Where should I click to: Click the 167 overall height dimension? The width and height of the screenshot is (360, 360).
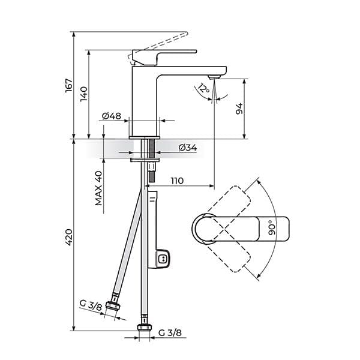pyautogui.click(x=68, y=85)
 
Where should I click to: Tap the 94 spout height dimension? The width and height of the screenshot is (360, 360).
pyautogui.click(x=238, y=109)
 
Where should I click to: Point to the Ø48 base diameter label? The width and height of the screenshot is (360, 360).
pyautogui.click(x=112, y=115)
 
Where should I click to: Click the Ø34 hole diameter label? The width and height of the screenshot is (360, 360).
pyautogui.click(x=187, y=148)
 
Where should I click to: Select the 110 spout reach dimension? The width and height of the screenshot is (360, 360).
pyautogui.click(x=177, y=181)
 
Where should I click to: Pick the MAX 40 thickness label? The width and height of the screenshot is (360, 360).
pyautogui.click(x=98, y=188)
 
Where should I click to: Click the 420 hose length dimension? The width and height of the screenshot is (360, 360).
pyautogui.click(x=68, y=237)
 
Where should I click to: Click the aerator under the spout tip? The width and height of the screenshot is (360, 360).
pyautogui.click(x=214, y=77)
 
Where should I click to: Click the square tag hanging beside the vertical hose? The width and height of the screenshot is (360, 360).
pyautogui.click(x=161, y=259)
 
